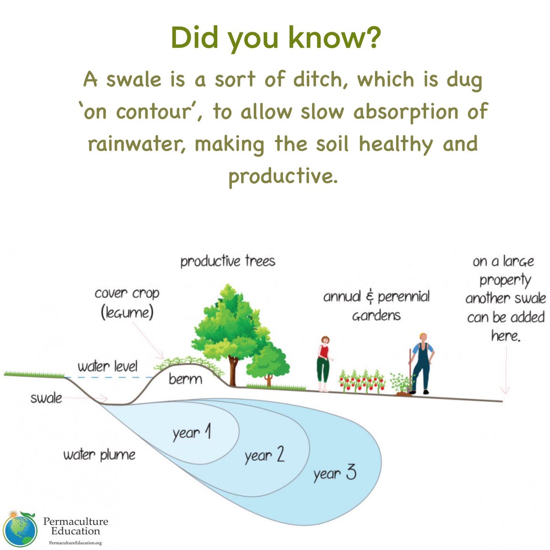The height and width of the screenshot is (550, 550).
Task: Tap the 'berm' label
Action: (x=185, y=379)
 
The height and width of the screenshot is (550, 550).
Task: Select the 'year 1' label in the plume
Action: (x=192, y=433)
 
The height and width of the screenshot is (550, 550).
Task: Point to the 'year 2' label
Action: (x=264, y=455)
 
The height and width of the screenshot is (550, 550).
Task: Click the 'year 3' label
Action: (x=335, y=474)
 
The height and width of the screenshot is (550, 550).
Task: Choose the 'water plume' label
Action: (x=99, y=455)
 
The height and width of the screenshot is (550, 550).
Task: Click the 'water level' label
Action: (x=107, y=367)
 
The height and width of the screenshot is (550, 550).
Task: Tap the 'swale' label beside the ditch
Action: (x=46, y=397)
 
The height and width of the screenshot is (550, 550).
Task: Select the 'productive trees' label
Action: (x=227, y=262)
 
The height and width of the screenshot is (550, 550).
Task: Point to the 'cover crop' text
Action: (x=127, y=293)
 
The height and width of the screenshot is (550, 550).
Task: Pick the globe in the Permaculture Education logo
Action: (x=18, y=529)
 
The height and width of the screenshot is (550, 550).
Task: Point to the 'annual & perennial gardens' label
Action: (x=377, y=306)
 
